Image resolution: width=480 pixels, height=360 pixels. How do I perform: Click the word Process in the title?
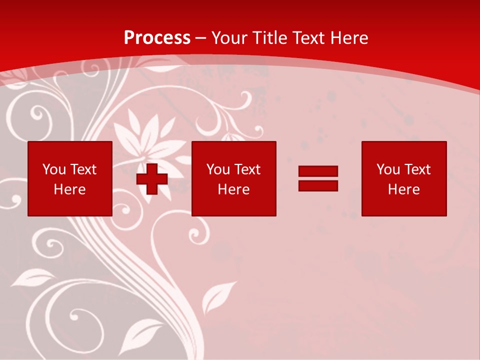(157, 38)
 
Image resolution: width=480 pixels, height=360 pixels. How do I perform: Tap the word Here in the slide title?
(349, 38)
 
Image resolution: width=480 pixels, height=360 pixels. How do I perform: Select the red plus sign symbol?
(152, 179)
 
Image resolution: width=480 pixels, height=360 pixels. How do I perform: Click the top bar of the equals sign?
(318, 171)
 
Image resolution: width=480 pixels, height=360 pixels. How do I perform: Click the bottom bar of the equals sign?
(318, 185)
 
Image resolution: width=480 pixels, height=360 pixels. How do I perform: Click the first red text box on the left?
(70, 178)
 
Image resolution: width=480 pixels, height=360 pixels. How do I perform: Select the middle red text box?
(233, 178)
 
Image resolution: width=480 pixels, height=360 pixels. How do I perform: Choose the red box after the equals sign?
(403, 178)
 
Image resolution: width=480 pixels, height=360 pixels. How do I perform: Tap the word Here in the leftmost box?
(69, 189)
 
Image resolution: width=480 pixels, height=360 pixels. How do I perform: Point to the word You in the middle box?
(218, 169)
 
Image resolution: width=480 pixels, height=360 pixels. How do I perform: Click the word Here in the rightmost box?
(403, 189)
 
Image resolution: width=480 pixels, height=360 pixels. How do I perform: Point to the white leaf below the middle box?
(218, 297)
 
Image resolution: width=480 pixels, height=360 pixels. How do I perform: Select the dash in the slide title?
(201, 38)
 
